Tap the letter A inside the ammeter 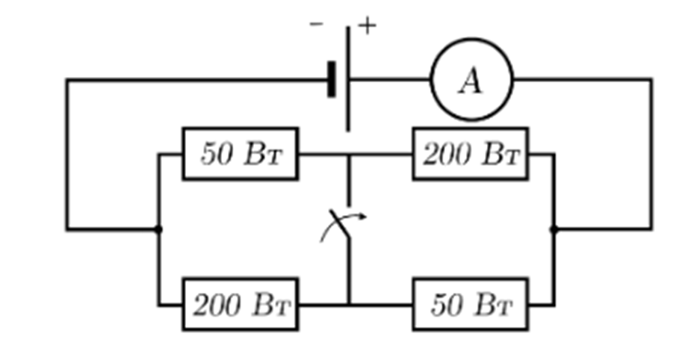(471, 81)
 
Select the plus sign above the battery (368, 25)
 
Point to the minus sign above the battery (316, 24)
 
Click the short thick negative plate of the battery (332, 79)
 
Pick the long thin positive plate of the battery (348, 79)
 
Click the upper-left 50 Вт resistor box (241, 128)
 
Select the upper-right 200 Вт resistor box (471, 128)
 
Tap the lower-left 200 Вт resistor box (241, 279)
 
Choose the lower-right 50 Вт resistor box (471, 279)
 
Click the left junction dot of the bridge (159, 229)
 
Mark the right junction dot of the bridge (554, 229)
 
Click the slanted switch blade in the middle (340, 224)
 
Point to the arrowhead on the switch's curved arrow (362, 216)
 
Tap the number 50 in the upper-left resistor (217, 155)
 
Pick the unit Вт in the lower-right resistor (494, 305)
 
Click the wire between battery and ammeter (390, 79)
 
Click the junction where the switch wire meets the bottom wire (350, 304)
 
